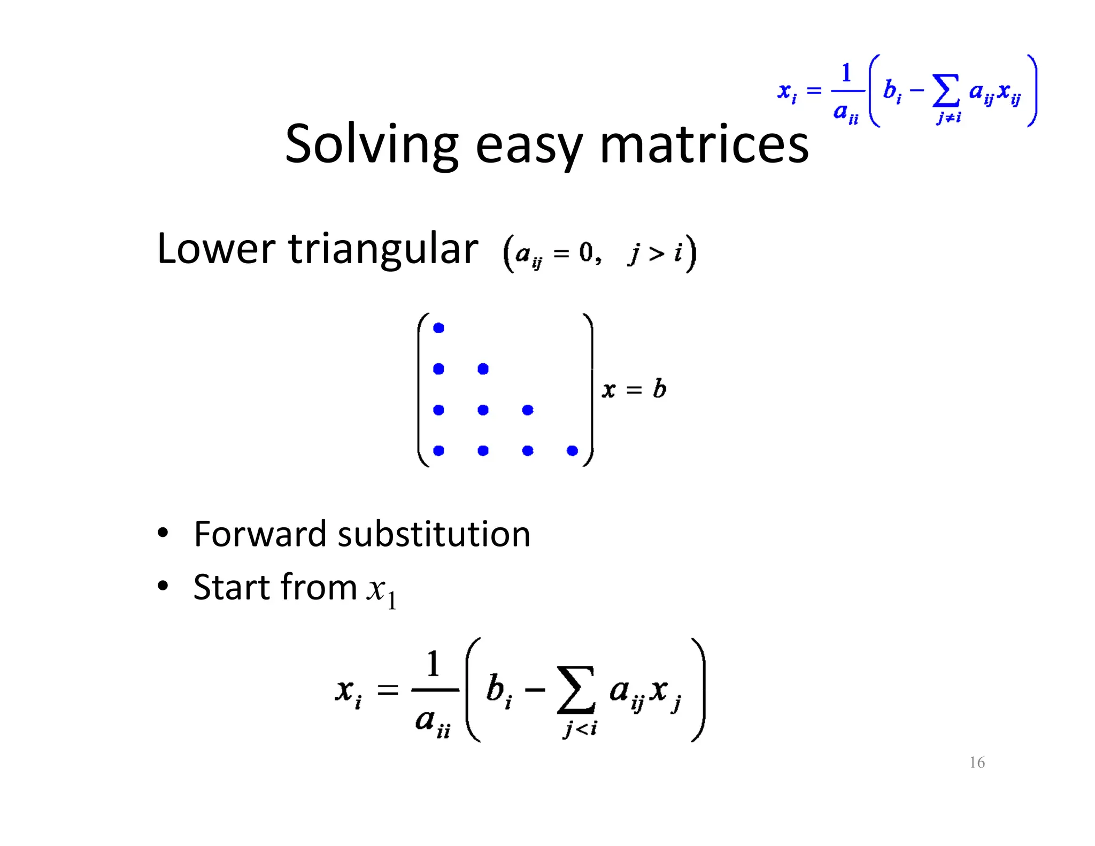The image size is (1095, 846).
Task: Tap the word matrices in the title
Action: [x=704, y=144]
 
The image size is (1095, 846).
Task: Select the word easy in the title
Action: [x=528, y=147]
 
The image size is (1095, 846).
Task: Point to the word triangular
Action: [x=383, y=250]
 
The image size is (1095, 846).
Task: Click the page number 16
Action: [x=977, y=762]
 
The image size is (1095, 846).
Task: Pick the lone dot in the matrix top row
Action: [x=438, y=328]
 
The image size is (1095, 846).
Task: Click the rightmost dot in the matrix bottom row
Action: [x=572, y=451]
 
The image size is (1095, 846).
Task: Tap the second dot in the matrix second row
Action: [x=483, y=369]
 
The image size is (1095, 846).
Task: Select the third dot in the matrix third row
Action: [x=528, y=410]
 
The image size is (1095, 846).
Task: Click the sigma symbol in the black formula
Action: [x=576, y=690]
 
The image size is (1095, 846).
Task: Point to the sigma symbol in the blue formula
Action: [x=946, y=90]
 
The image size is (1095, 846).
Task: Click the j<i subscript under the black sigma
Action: [x=580, y=728]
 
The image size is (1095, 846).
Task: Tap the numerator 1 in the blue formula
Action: [x=846, y=73]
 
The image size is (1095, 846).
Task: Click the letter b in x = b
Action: [x=660, y=389]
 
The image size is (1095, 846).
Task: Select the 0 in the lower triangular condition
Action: [x=586, y=252]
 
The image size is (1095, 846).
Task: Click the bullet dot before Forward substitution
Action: [x=163, y=533]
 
